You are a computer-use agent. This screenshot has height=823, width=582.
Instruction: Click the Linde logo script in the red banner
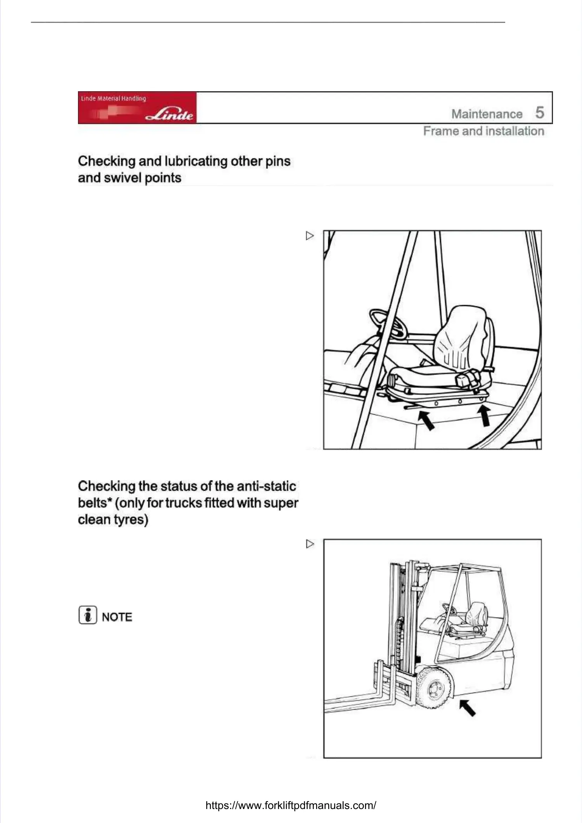pyautogui.click(x=170, y=114)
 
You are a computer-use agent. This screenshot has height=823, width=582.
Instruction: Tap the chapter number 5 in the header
pyautogui.click(x=539, y=113)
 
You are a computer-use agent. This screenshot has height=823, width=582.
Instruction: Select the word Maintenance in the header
pyautogui.click(x=487, y=114)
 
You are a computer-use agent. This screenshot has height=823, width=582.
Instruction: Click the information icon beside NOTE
pyautogui.click(x=88, y=615)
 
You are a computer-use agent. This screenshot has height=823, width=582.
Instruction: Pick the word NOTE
pyautogui.click(x=117, y=617)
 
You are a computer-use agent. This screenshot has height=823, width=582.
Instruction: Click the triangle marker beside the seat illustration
pyautogui.click(x=310, y=236)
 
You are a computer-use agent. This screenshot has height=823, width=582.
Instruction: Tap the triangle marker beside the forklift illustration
pyautogui.click(x=310, y=544)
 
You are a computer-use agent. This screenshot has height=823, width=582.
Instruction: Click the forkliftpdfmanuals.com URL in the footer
pyautogui.click(x=291, y=805)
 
